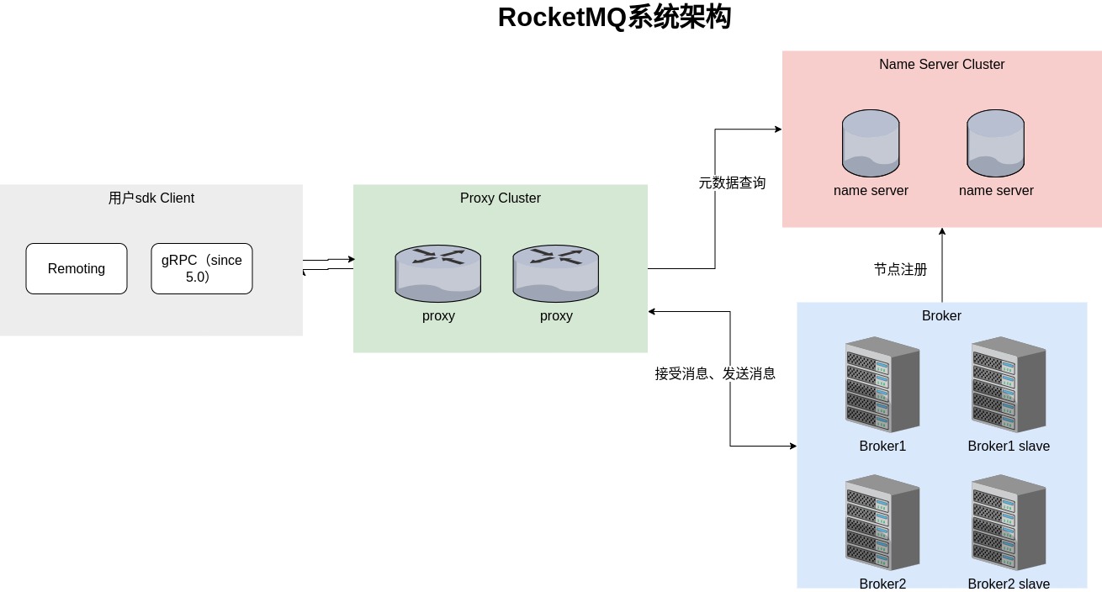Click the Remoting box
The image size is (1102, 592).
(77, 269)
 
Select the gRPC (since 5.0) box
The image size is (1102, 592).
(202, 269)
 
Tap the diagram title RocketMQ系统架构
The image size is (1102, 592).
(614, 18)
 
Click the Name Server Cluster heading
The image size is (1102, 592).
(941, 65)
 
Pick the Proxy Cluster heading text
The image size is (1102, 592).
(501, 198)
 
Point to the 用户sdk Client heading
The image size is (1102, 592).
(151, 198)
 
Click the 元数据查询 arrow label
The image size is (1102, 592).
(732, 182)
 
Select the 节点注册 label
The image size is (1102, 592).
(900, 270)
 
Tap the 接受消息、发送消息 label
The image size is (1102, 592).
(715, 373)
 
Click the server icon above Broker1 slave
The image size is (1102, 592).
(1009, 384)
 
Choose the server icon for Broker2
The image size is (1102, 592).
(882, 522)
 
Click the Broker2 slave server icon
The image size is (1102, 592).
(1009, 522)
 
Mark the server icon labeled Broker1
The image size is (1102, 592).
(882, 384)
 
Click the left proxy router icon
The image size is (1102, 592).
(438, 274)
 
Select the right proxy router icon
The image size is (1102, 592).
(556, 274)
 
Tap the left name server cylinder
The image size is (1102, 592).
(871, 144)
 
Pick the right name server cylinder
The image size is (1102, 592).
(995, 144)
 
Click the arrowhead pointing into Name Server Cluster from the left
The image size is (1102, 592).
(778, 129)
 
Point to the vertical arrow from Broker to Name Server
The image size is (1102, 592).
(942, 265)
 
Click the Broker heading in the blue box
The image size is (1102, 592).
(941, 316)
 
